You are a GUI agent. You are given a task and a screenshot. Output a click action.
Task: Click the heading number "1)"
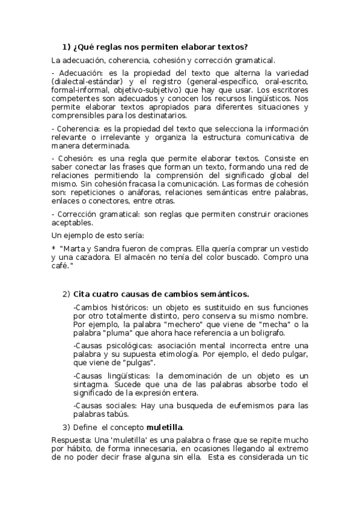(67, 47)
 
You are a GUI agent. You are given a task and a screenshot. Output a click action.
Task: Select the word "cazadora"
(89, 257)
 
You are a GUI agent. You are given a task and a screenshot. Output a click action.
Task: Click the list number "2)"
(66, 294)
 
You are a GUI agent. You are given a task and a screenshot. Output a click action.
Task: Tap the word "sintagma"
(91, 384)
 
